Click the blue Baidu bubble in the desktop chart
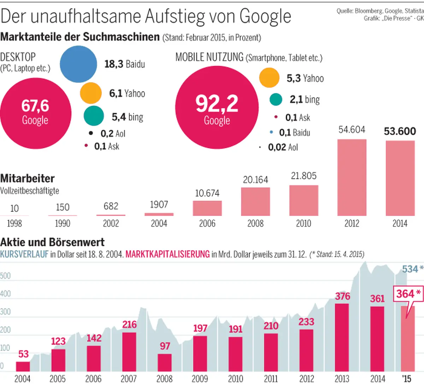pyautogui.click(x=78, y=64)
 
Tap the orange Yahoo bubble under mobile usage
pyautogui.click(x=269, y=78)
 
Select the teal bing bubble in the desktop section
pyautogui.click(x=94, y=116)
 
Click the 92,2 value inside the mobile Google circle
pyautogui.click(x=217, y=103)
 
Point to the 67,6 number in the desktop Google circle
pyautogui.click(x=35, y=106)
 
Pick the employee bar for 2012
pyautogui.click(x=352, y=177)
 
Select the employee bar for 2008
pyautogui.click(x=255, y=201)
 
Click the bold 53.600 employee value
pyautogui.click(x=400, y=131)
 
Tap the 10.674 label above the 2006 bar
pyautogui.click(x=207, y=193)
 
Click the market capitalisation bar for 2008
pyautogui.click(x=165, y=362)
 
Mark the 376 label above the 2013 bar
pyautogui.click(x=342, y=296)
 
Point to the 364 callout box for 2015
pyautogui.click(x=408, y=294)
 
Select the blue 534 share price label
pyautogui.click(x=410, y=269)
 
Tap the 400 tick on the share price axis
pyautogui.click(x=5, y=294)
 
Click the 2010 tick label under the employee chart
pyautogui.click(x=304, y=223)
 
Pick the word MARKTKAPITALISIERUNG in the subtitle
pyautogui.click(x=167, y=254)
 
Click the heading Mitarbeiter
pyautogui.click(x=28, y=179)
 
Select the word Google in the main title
pyautogui.click(x=265, y=16)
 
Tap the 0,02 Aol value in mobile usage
pyautogui.click(x=283, y=147)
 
